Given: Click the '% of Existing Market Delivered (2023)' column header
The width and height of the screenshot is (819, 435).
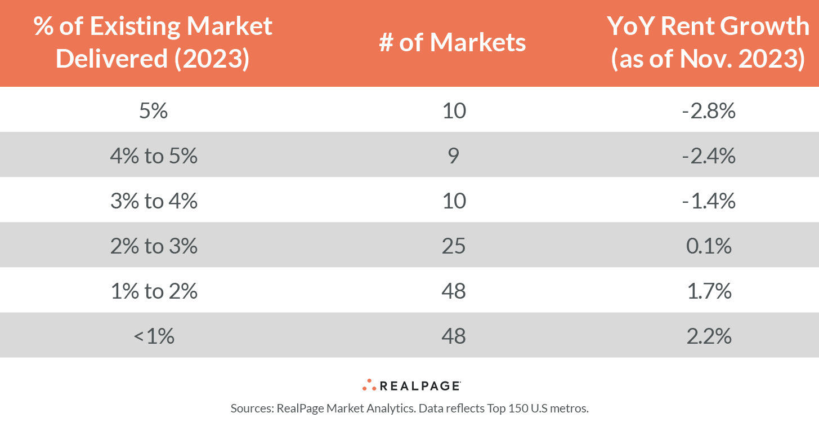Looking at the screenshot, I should pos(153,43).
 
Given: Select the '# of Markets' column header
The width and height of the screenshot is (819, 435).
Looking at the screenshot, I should pos(453,43).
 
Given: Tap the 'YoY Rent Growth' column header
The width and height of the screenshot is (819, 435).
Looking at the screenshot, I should pos(708,43).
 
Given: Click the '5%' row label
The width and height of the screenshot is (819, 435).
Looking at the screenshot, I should pos(153,111).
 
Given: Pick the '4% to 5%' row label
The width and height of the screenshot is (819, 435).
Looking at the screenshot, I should pos(153,156).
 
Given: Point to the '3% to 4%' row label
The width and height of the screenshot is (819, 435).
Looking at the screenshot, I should pos(153,201).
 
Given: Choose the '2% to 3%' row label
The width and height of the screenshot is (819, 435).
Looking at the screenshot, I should pos(153,246).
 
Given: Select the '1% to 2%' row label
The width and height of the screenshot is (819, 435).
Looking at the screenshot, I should pos(153,291).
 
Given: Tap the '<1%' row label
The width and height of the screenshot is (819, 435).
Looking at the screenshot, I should pos(153,336).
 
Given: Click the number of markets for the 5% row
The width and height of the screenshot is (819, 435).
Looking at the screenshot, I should pos(453,111).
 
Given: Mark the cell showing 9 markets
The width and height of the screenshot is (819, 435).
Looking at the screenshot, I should pos(453,156).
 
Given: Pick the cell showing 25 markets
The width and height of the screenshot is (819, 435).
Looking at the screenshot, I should pos(453,246).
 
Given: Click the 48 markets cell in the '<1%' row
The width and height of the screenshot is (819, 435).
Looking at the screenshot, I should pos(453,336).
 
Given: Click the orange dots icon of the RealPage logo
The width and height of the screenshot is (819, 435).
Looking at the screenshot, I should pos(369,385).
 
